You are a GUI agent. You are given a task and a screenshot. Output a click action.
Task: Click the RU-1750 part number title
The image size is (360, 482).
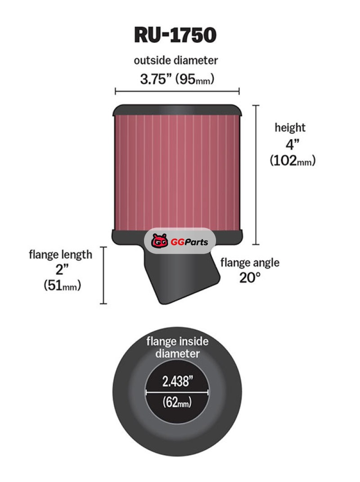pyautogui.click(x=175, y=35)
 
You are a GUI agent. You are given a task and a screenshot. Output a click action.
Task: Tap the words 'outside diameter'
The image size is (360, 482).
pyautogui.click(x=175, y=60)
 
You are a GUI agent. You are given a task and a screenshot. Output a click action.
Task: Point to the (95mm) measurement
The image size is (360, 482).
pyautogui.click(x=195, y=79)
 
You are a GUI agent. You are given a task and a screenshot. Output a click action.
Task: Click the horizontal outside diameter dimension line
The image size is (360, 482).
pyautogui.click(x=177, y=91)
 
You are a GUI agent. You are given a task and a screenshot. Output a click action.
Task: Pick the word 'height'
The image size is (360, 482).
pyautogui.click(x=290, y=127)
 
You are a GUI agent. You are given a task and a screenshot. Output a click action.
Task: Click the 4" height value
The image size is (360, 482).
pyautogui.click(x=292, y=144)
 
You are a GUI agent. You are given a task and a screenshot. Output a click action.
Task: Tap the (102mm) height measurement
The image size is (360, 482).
pyautogui.click(x=293, y=160)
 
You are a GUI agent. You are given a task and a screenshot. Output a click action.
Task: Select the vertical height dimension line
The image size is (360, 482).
pyautogui.click(x=256, y=175)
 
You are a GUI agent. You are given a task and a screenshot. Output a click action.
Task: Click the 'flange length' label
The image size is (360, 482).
pyautogui.click(x=60, y=255)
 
